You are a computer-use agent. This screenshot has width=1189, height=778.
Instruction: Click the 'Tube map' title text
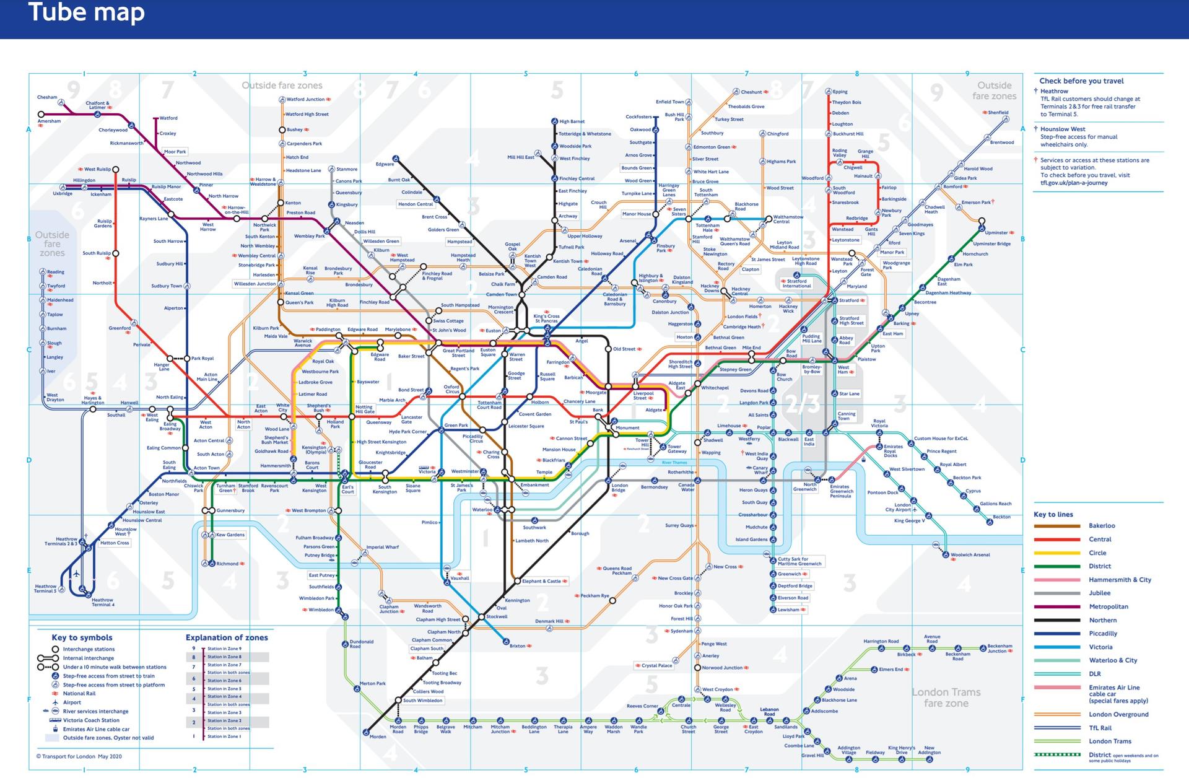pyautogui.click(x=86, y=12)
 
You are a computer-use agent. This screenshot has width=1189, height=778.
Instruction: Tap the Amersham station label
pyautogui.click(x=50, y=121)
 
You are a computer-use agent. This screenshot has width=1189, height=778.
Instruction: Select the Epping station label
pyautogui.click(x=840, y=92)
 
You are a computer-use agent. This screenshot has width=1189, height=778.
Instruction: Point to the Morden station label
pyautogui.click(x=378, y=736)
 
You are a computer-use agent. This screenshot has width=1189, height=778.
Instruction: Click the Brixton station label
pyautogui.click(x=517, y=646)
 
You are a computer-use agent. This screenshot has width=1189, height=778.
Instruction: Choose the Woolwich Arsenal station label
pyautogui.click(x=970, y=555)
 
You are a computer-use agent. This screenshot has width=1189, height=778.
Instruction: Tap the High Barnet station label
pyautogui.click(x=572, y=121)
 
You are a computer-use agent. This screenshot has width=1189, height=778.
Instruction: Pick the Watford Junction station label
pyautogui.click(x=305, y=99)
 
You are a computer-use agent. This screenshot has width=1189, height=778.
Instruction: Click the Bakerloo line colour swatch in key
pyautogui.click(x=1056, y=526)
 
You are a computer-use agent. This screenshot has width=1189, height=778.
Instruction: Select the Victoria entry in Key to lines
pyautogui.click(x=1100, y=647)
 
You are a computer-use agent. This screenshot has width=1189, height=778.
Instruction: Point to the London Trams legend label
pyautogui.click(x=1110, y=741)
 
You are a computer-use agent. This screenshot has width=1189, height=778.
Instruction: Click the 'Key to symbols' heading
pyautogui.click(x=82, y=637)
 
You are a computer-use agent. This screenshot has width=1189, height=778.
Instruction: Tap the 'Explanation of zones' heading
pyautogui.click(x=227, y=637)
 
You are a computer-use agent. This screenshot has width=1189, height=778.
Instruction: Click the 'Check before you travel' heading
pyautogui.click(x=1081, y=81)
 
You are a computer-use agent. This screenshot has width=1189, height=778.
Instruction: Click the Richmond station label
pyautogui.click(x=227, y=564)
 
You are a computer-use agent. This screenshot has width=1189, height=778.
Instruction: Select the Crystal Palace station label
pyautogui.click(x=656, y=665)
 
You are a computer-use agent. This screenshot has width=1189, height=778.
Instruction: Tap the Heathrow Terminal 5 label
pyautogui.click(x=45, y=588)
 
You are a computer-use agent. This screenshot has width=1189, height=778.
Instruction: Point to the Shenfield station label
pyautogui.click(x=998, y=113)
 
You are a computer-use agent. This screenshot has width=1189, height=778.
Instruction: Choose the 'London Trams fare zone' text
pyautogui.click(x=946, y=697)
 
